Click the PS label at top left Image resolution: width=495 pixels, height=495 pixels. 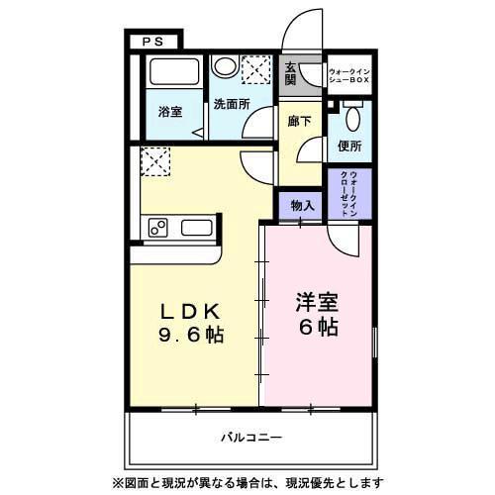pyautogui.click(x=153, y=42)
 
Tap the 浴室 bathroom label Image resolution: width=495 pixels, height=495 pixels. pyautogui.click(x=170, y=112)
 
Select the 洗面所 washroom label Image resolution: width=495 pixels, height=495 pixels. pyautogui.click(x=229, y=103)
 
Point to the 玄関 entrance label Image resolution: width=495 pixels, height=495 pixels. pyautogui.click(x=291, y=74)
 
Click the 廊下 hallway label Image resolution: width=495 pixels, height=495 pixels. pyautogui.click(x=300, y=121)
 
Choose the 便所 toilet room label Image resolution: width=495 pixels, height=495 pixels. pyautogui.click(x=348, y=147)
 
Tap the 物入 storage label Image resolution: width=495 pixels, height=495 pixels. pyautogui.click(x=303, y=206)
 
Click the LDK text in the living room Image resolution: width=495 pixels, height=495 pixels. pyautogui.click(x=192, y=310)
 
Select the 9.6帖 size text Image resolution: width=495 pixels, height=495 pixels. pyautogui.click(x=192, y=334)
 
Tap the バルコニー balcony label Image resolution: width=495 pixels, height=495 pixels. pyautogui.click(x=250, y=437)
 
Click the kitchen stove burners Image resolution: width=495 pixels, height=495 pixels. pyautogui.click(x=158, y=229)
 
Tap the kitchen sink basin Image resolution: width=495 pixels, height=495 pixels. pyautogui.click(x=196, y=228)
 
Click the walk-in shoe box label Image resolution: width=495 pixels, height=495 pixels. pyautogui.click(x=348, y=74)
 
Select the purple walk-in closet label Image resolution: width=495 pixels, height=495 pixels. pyautogui.click(x=349, y=193)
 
